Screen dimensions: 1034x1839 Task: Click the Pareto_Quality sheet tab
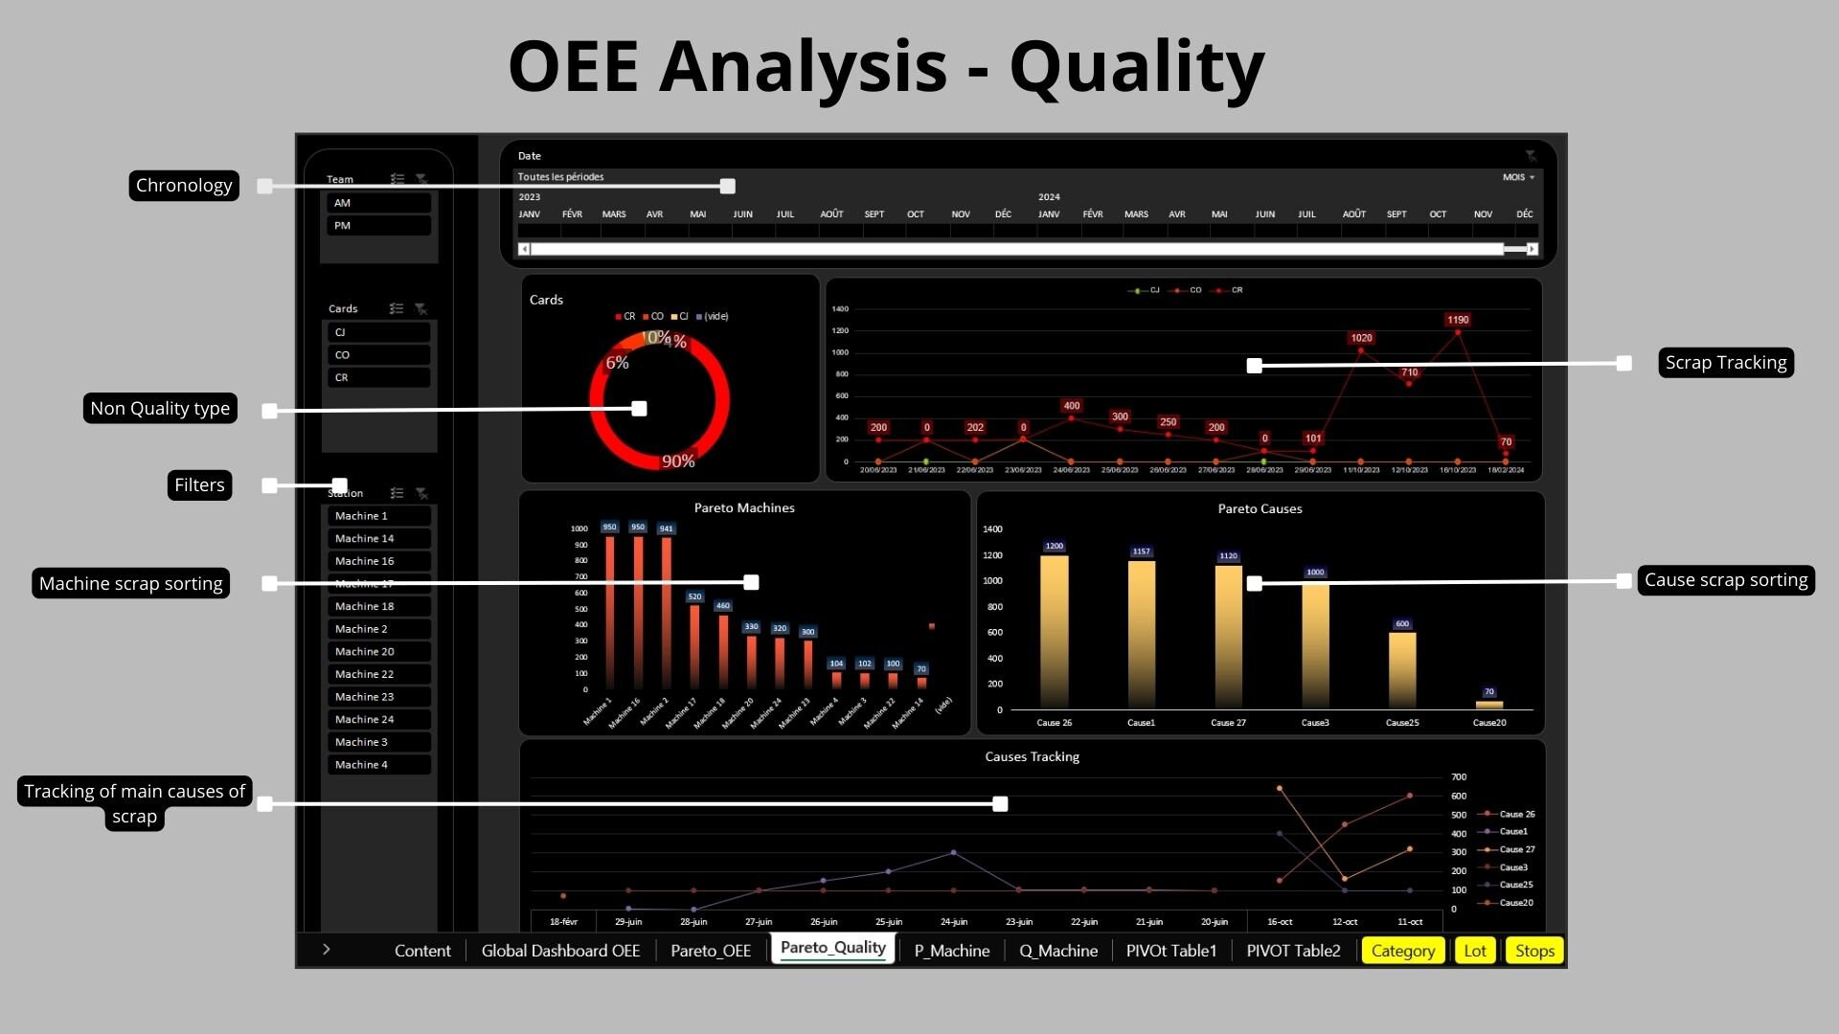pyautogui.click(x=832, y=948)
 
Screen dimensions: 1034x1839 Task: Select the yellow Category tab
pyautogui.click(x=1402, y=951)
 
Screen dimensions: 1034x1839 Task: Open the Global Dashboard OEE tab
pyautogui.click(x=560, y=951)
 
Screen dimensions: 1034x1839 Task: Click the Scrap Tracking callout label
pyautogui.click(x=1725, y=363)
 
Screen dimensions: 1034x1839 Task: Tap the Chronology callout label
pyautogui.click(x=184, y=186)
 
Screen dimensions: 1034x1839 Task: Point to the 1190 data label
pyautogui.click(x=1458, y=320)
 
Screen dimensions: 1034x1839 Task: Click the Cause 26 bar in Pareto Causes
pyautogui.click(x=1054, y=632)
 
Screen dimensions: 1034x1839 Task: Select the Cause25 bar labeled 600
pyautogui.click(x=1402, y=669)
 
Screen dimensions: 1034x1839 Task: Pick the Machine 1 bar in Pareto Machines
pyautogui.click(x=610, y=613)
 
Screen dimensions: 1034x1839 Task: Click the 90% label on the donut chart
pyautogui.click(x=678, y=461)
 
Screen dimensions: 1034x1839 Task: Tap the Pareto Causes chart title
pyautogui.click(x=1260, y=509)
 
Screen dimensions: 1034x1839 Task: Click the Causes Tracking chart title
pyautogui.click(x=1032, y=757)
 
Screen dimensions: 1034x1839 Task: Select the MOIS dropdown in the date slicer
pyautogui.click(x=1518, y=177)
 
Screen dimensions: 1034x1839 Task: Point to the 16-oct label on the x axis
pyautogui.click(x=1280, y=922)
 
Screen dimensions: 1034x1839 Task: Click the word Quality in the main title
pyautogui.click(x=1137, y=67)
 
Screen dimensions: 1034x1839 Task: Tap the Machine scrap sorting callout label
pyautogui.click(x=131, y=584)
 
